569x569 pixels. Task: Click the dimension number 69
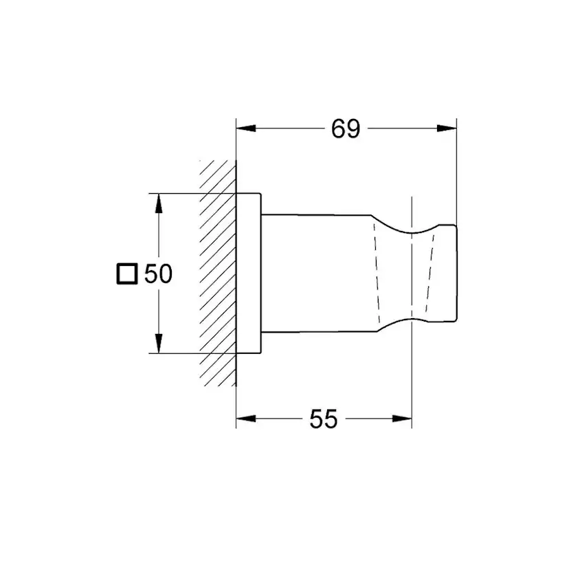point(346,129)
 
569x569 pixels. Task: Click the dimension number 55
point(323,419)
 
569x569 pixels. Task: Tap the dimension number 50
point(158,274)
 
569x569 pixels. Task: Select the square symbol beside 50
point(126,274)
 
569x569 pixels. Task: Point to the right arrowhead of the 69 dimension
point(448,129)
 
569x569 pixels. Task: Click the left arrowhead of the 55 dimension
point(245,419)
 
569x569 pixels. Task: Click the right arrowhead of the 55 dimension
point(403,419)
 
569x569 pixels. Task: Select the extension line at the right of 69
point(456,172)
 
